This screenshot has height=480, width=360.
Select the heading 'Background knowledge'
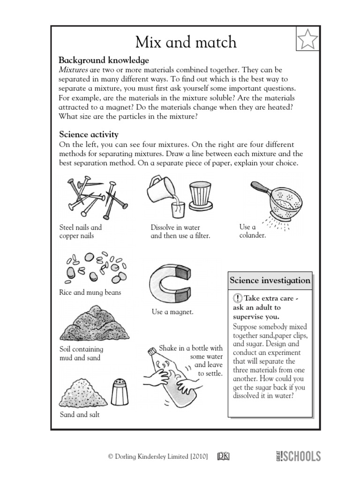pos(104,60)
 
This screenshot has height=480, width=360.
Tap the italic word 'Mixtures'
pos(73,70)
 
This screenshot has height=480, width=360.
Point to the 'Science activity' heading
pos(88,135)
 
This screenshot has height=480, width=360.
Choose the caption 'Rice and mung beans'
pos(90,292)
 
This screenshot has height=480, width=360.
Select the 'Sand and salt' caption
pos(79,415)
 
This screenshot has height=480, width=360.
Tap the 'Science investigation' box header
pos(270,280)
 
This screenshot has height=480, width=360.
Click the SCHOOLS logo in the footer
pos(299,456)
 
